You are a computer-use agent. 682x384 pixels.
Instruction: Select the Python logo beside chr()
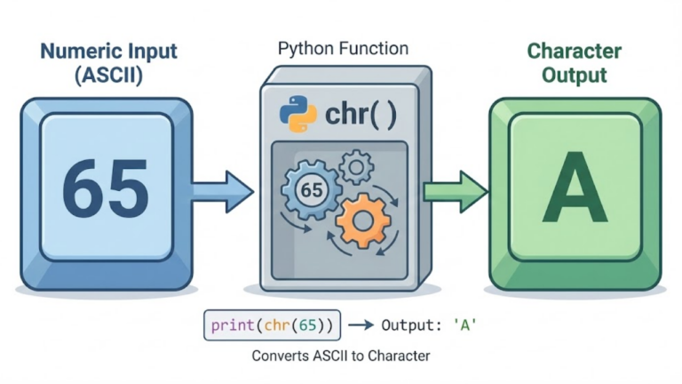click(x=297, y=114)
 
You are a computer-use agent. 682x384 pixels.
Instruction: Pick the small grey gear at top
click(x=357, y=165)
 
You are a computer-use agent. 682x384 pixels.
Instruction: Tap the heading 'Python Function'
click(x=343, y=49)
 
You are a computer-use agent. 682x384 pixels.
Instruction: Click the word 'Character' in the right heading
click(x=575, y=51)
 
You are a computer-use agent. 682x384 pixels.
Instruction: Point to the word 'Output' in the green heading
click(x=575, y=76)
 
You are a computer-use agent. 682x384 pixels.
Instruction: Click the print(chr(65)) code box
click(x=272, y=325)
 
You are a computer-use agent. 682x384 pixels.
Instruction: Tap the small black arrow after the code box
click(x=360, y=326)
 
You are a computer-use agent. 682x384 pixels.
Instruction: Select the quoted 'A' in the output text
click(x=464, y=325)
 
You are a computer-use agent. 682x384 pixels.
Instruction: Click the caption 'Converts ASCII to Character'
click(x=341, y=356)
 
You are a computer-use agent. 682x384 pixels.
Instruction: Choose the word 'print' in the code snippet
click(x=230, y=325)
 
